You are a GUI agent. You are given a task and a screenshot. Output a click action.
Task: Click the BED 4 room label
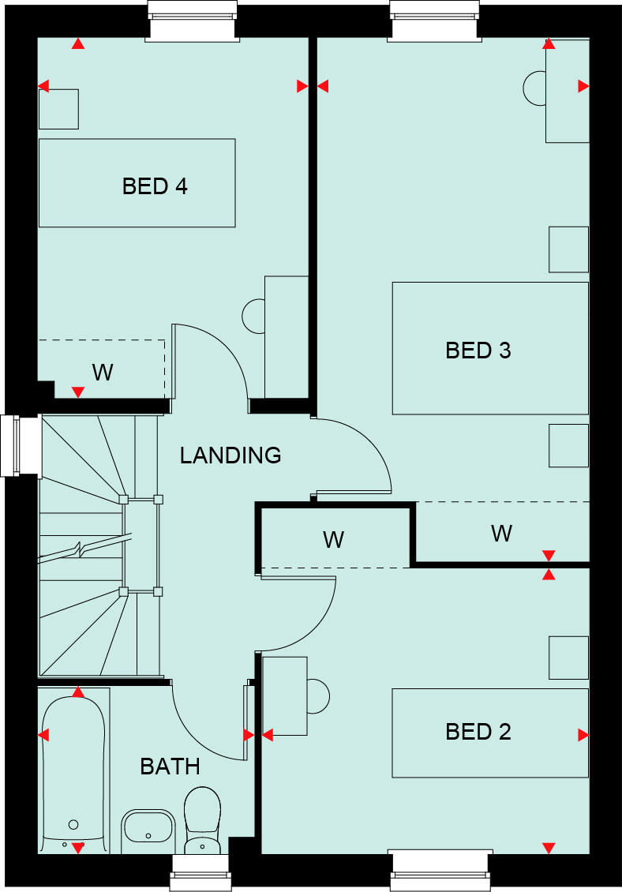[x=155, y=186]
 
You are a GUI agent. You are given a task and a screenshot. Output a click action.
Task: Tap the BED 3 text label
[x=478, y=350]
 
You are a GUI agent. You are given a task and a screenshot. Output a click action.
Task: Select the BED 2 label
[x=478, y=732]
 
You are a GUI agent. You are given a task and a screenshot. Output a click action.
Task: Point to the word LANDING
[x=230, y=455]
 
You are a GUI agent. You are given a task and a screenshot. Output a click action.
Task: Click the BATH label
[x=170, y=766]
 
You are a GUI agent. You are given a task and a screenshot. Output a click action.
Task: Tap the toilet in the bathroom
[x=203, y=821]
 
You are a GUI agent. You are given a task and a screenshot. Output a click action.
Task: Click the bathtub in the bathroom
[x=73, y=770]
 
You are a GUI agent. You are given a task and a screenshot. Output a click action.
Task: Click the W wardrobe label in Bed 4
[x=103, y=372]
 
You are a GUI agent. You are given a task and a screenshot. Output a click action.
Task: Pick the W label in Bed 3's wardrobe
[x=501, y=534]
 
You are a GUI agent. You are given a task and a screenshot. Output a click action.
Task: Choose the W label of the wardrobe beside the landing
[x=333, y=540]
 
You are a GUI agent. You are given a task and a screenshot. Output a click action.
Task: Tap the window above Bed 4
[x=193, y=20]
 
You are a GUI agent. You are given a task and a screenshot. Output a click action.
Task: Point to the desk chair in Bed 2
[x=318, y=695]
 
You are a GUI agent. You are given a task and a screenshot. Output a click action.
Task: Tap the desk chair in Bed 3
[x=534, y=88]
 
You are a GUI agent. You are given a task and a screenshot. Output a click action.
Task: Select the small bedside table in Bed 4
[x=58, y=109]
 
